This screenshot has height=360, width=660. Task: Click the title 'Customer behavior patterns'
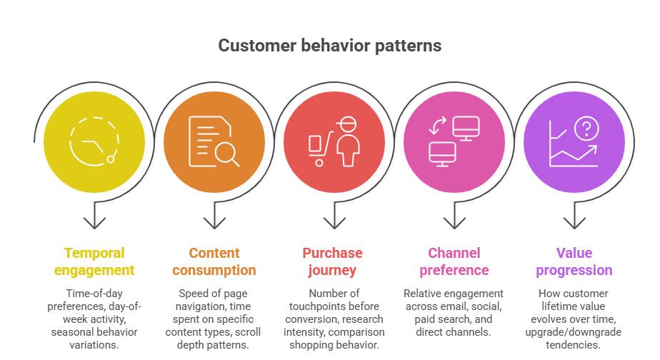329,46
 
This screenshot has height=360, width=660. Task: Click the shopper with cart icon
334,141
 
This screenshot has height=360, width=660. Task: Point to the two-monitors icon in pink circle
454,141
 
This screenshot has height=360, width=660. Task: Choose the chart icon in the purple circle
574,142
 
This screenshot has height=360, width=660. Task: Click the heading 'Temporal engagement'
94,261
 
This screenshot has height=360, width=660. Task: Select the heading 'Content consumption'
214,261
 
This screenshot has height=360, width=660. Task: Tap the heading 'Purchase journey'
334,261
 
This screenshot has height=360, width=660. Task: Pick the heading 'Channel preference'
454,261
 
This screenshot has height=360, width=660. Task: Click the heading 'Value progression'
574,261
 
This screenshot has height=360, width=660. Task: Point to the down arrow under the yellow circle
94,216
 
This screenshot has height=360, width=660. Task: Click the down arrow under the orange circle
214,216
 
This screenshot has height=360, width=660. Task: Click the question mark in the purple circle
586,129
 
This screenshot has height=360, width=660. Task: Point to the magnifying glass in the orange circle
229,153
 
